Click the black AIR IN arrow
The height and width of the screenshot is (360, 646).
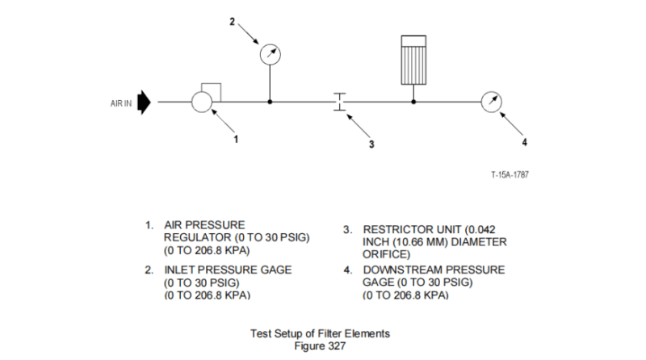(x=145, y=103)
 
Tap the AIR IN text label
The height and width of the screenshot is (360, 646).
(x=121, y=103)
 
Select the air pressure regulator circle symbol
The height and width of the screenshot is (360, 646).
(x=201, y=103)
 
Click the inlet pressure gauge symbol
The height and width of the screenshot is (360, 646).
(x=270, y=55)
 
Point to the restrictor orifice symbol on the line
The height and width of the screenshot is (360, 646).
(x=340, y=103)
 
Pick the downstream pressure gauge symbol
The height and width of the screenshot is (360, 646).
(x=490, y=103)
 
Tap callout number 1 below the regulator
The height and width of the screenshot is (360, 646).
(x=236, y=139)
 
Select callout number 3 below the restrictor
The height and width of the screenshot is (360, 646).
(x=371, y=145)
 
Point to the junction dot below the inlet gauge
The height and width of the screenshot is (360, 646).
(x=270, y=103)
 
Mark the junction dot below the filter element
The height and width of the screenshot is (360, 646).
(x=413, y=103)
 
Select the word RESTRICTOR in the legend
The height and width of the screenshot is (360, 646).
(x=397, y=229)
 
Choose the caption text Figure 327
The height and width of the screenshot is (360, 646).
(x=323, y=345)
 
